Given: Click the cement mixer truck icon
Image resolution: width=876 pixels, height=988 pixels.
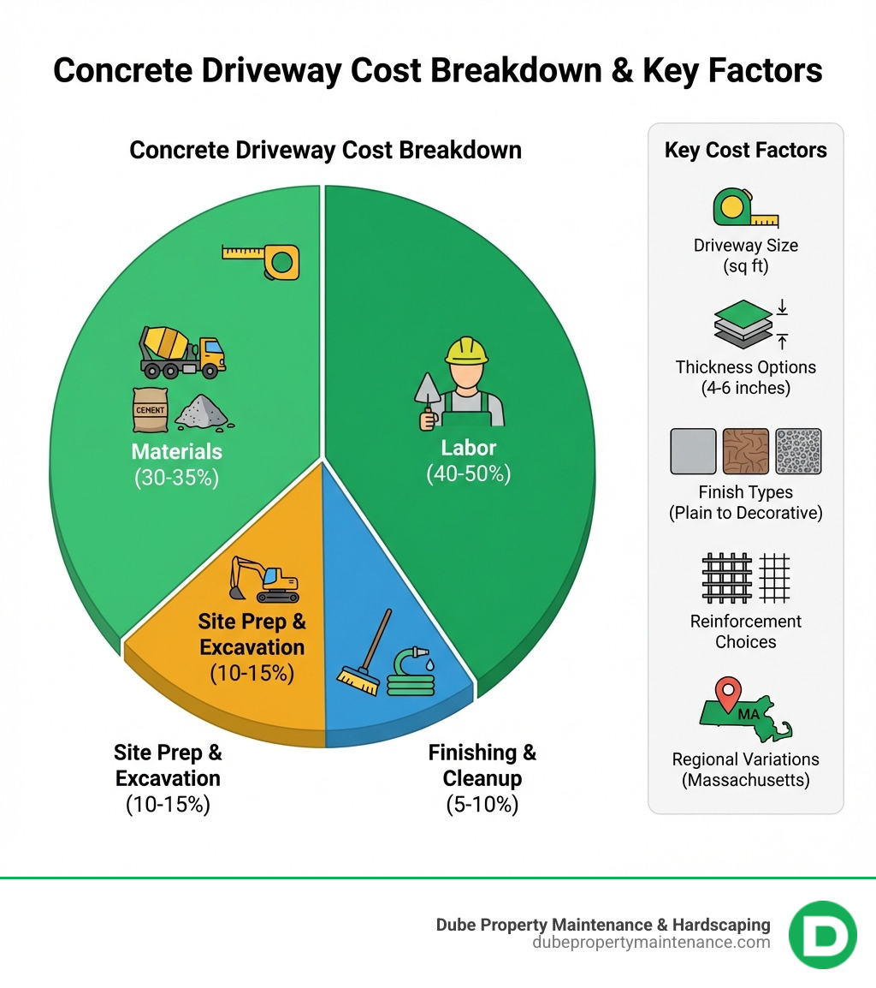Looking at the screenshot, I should click(181, 351).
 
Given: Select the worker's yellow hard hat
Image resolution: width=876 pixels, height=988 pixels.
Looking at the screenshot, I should click(465, 350).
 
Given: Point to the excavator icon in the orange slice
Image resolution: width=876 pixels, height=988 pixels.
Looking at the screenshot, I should click(264, 580).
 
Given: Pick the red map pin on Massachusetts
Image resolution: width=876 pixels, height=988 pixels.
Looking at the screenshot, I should click(728, 693).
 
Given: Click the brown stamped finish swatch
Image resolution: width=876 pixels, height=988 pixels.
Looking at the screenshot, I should click(745, 451).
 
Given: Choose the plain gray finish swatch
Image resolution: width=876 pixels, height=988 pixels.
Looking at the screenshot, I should click(693, 451).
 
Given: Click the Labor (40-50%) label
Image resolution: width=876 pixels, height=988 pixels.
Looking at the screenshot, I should click(468, 460).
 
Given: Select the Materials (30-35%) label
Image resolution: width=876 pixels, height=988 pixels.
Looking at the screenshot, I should click(176, 464).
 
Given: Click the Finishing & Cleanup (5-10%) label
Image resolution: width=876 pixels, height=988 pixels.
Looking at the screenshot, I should click(482, 777).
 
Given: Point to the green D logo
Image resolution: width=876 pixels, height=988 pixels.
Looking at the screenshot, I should click(822, 935).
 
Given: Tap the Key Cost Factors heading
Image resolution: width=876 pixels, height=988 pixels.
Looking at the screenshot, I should click(745, 151).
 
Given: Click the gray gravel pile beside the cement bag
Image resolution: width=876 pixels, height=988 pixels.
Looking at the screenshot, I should click(202, 412).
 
